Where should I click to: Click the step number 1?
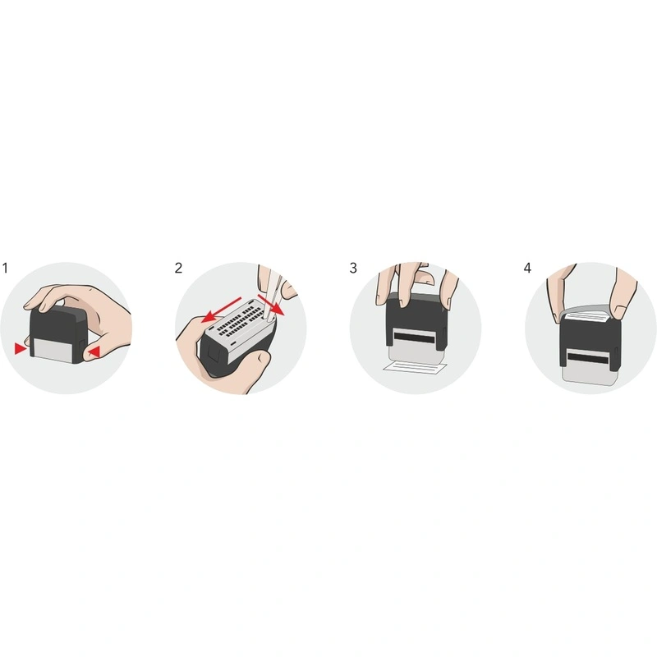pos(5,269)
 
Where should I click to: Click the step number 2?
pos(178,269)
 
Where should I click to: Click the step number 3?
pos(353,269)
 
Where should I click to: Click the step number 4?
pos(527,269)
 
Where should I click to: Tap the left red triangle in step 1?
pos(20,348)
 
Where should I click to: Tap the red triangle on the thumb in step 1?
pos(95,352)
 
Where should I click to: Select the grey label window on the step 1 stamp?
pos(53,351)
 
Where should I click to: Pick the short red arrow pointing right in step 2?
pos(271,304)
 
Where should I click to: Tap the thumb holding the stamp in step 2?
pos(253,364)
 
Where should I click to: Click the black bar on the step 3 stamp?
pos(414,336)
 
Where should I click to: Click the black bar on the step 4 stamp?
pos(588,359)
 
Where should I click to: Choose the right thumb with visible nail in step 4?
pos(619,297)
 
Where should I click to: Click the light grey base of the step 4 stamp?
pos(588,374)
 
